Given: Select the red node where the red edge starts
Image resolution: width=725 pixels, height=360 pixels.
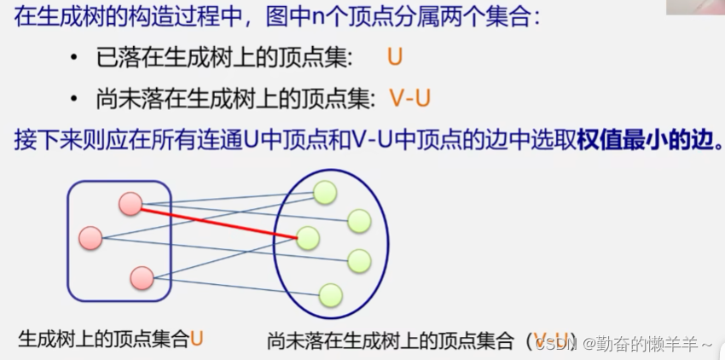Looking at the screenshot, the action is (130, 203).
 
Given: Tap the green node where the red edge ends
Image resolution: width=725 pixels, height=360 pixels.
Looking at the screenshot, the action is (307, 238).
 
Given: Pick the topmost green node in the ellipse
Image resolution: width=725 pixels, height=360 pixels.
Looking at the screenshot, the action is (324, 193).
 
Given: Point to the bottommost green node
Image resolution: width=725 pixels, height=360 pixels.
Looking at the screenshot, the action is (330, 295).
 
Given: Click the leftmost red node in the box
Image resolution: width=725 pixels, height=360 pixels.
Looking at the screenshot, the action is (90, 238).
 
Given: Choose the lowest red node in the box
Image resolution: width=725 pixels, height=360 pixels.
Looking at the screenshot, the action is (142, 277).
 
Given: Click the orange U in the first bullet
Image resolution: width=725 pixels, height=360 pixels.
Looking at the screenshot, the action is (394, 58).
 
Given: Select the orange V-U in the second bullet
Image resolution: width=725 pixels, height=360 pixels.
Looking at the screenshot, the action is (409, 98).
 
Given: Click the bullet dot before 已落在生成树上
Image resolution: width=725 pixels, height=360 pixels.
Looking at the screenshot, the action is (75, 59).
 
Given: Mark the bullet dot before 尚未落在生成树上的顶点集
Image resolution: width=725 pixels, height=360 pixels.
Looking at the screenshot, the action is (75, 99).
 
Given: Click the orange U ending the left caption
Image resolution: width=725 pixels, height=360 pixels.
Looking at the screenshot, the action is (197, 339).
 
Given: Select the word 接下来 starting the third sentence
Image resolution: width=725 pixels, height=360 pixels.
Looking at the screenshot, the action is (42, 139).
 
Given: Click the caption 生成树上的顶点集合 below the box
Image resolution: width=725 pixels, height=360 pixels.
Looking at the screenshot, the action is (102, 339).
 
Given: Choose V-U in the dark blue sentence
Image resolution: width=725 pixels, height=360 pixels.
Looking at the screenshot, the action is (372, 139).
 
